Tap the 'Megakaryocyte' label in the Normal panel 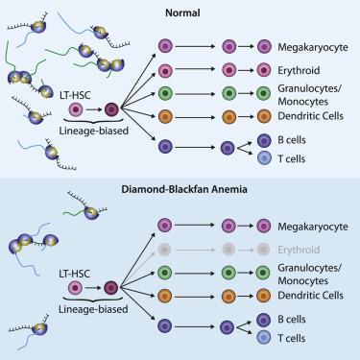[x=311, y=44]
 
